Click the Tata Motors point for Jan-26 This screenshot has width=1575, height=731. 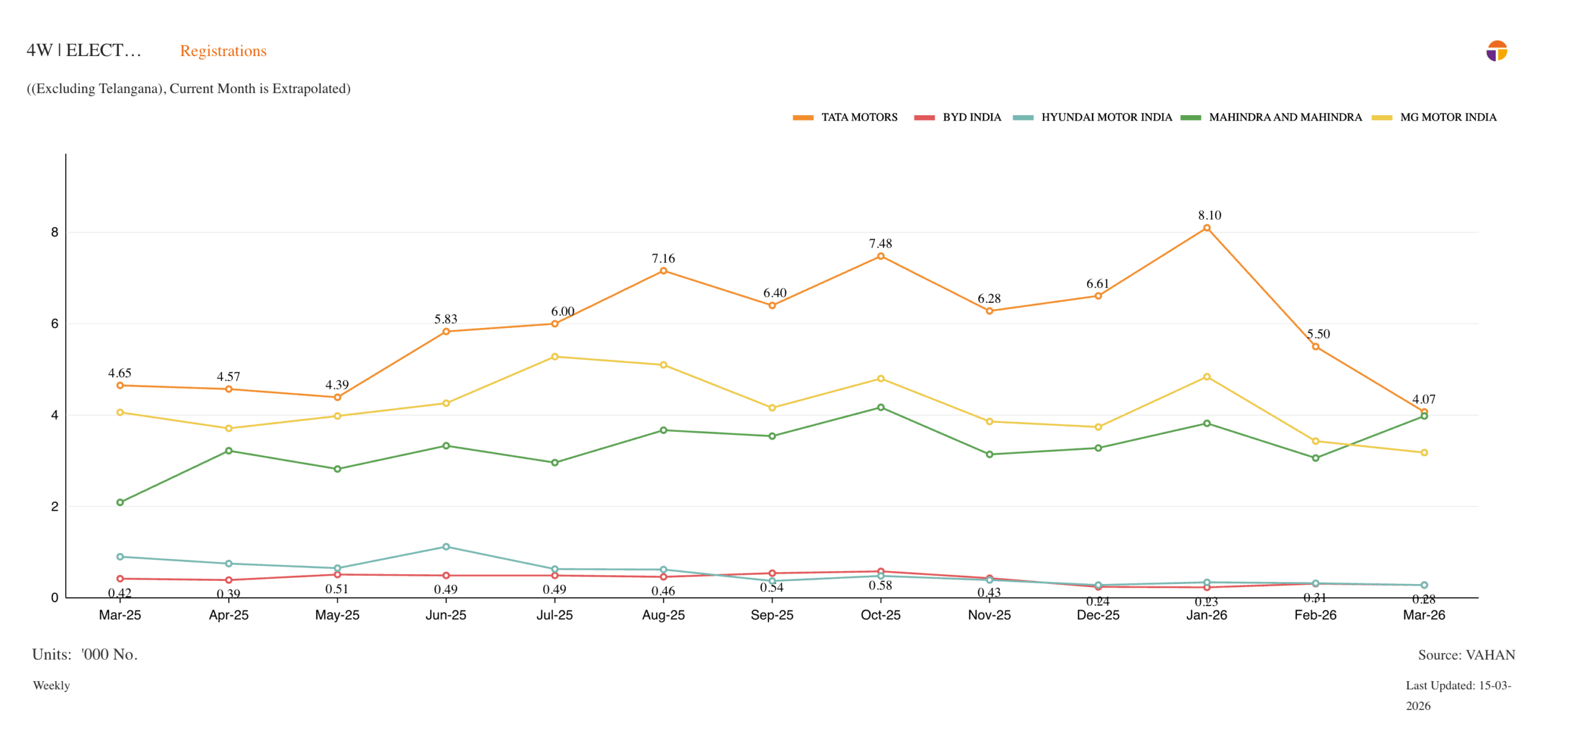pos(1206,228)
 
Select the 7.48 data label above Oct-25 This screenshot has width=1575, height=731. pos(880,244)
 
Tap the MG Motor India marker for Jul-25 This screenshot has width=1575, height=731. pos(554,356)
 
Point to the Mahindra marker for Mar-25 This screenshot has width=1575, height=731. pos(120,502)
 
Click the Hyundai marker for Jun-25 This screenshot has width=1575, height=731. pos(446,546)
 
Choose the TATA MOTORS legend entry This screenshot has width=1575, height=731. pos(845,117)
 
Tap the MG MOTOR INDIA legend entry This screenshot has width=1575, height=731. pos(1434,117)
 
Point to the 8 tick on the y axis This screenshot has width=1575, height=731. pos(55,233)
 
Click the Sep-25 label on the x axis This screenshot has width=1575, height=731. pos(772,615)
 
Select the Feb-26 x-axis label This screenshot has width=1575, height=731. pos(1315,615)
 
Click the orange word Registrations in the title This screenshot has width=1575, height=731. pos(223,51)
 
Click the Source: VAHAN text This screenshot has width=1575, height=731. pos(1466,655)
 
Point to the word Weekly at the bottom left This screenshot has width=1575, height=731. pos(51,685)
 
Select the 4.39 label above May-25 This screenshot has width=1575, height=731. pos(337,385)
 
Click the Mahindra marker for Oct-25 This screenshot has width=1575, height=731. pos(880,407)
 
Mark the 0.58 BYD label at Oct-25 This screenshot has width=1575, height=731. pos(880,585)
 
